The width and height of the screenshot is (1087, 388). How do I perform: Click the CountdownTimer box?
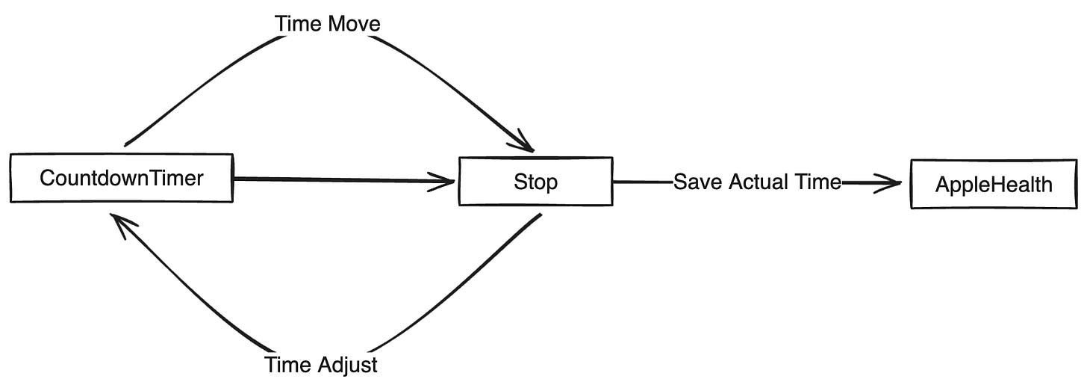click(x=121, y=178)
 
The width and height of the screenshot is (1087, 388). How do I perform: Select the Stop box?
click(x=535, y=181)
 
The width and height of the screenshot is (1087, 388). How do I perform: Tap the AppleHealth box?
click(x=994, y=184)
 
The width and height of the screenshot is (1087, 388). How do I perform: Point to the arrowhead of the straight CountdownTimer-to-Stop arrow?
click(x=445, y=180)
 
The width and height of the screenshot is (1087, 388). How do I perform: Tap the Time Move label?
click(x=327, y=24)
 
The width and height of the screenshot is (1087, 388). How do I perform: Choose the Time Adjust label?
click(x=321, y=365)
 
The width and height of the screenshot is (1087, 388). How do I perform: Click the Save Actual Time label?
click(x=757, y=182)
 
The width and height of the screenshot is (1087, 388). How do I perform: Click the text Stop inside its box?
click(x=535, y=182)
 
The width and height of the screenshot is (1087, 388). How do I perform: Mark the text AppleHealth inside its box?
click(x=994, y=185)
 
